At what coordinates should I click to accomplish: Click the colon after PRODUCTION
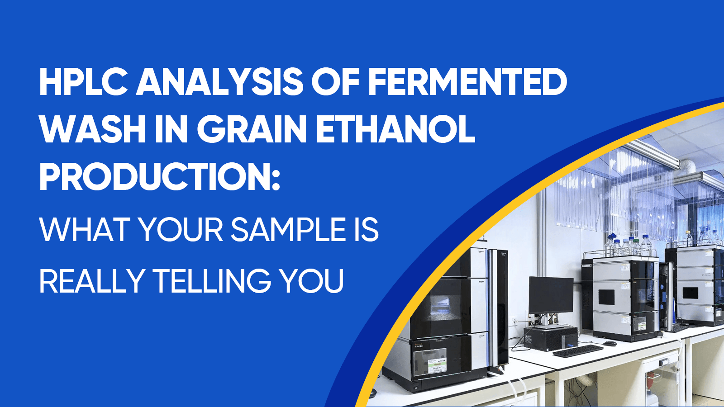276,181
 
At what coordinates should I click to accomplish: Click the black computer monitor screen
551,295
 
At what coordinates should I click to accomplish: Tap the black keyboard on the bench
577,350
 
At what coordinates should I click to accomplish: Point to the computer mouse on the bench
610,343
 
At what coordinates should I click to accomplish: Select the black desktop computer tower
551,338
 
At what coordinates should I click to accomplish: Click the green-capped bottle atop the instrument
636,247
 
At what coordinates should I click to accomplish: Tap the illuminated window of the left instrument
439,307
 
